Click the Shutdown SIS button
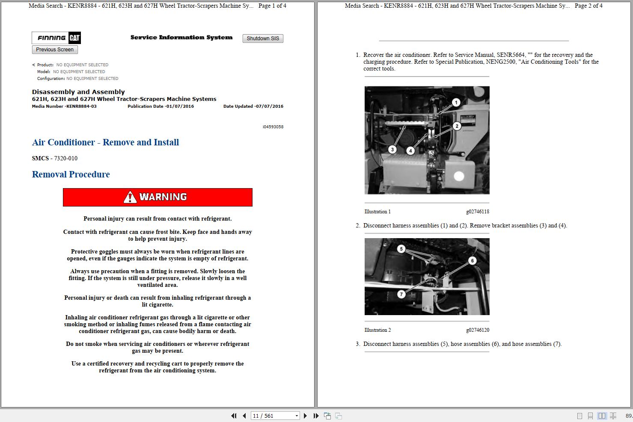pos(263,38)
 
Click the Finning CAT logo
pos(56,38)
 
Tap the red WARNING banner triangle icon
pos(130,197)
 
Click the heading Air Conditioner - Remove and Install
pos(105,142)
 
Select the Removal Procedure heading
pos(71,174)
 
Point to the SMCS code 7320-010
pos(65,158)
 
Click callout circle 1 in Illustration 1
pos(456,102)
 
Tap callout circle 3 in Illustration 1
pos(392,150)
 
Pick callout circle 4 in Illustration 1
pos(410,151)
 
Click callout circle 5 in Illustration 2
pos(401,249)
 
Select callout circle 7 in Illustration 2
pos(401,294)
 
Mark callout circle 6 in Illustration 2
pos(472,260)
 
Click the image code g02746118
pos(477,212)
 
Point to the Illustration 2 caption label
pos(377,330)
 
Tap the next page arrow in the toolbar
pos(305,416)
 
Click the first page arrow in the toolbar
pos(234,416)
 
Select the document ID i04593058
pos(273,127)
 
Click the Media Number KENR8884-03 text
pos(64,106)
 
